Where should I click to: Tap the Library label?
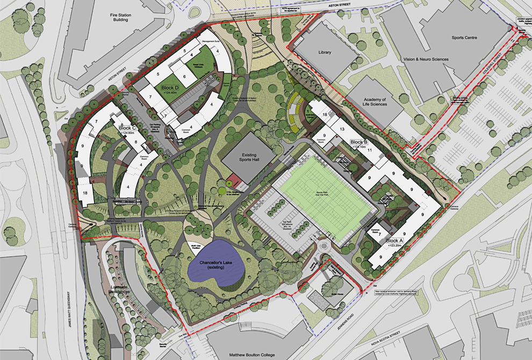325,53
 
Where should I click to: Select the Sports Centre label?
465,39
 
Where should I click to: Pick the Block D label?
170,88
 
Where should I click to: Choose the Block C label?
130,128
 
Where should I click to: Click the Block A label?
394,241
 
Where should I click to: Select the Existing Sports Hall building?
246,159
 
